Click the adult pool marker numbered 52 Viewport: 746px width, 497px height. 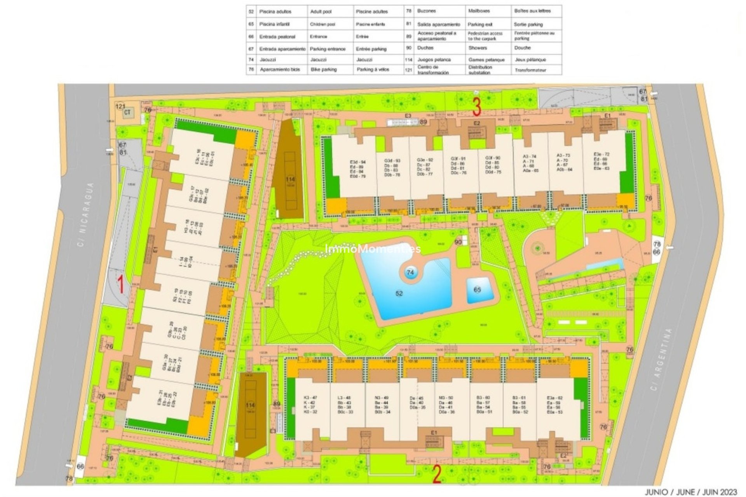pyautogui.click(x=399, y=294)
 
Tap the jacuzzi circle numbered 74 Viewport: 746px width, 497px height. pyautogui.click(x=410, y=273)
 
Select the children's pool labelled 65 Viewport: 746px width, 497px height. pyautogui.click(x=477, y=290)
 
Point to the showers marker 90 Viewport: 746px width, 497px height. pyautogui.click(x=458, y=242)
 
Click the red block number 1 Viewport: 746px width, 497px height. pyautogui.click(x=121, y=284)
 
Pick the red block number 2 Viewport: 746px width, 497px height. pyautogui.click(x=436, y=475)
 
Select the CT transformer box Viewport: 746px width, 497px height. pyautogui.click(x=127, y=113)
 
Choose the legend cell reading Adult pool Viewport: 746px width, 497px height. pyautogui.click(x=321, y=12)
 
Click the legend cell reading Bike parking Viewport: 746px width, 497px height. pyautogui.click(x=324, y=70)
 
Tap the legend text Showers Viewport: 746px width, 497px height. pyautogui.click(x=478, y=48)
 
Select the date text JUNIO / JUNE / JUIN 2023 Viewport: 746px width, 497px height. pyautogui.click(x=691, y=492)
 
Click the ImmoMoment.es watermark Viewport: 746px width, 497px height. pyautogui.click(x=373, y=248)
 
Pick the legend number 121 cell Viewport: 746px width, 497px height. pyautogui.click(x=408, y=70)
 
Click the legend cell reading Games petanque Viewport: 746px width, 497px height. pyautogui.click(x=486, y=60)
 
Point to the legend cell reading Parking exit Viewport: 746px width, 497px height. pyautogui.click(x=480, y=24)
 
